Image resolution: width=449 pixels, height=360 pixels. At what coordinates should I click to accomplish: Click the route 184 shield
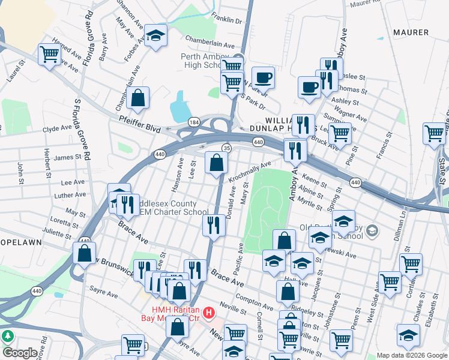(193, 122)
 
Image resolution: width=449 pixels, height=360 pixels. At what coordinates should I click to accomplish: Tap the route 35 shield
(226, 148)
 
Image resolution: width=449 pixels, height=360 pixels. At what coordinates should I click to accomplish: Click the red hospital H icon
(209, 313)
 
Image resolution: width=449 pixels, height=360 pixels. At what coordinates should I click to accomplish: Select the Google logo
(20, 353)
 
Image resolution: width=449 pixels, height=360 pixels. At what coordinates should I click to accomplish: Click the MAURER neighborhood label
(411, 32)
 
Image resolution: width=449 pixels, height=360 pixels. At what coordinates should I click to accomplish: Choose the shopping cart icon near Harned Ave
(49, 55)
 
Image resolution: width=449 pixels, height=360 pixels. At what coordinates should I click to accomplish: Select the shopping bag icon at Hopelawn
(84, 253)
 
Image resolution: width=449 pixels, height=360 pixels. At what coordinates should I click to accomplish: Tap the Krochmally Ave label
(250, 171)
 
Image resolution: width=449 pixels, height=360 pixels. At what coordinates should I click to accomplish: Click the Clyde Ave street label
(57, 128)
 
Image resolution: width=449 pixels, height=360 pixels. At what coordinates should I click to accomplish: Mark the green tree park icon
(8, 337)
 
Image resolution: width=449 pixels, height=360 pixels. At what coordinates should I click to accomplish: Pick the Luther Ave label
(70, 195)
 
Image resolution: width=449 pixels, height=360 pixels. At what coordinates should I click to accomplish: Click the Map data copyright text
(412, 355)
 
